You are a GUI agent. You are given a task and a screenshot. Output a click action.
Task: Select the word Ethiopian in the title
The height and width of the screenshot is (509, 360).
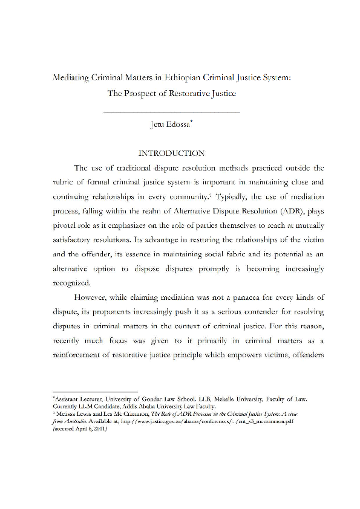click(188, 78)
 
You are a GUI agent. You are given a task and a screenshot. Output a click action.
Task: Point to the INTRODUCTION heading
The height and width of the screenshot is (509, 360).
click(172, 153)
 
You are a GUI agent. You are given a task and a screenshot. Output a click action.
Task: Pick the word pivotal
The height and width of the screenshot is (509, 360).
click(67, 227)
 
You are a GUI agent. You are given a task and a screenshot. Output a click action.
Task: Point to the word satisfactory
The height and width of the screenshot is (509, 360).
click(75, 242)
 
